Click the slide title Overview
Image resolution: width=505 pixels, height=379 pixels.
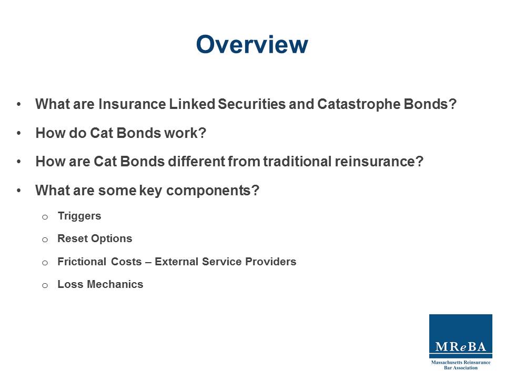coord(251,45)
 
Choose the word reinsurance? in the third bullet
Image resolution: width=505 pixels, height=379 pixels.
coord(379,162)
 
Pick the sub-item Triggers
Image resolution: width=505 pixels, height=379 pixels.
coord(79,216)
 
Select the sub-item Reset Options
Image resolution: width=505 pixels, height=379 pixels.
coord(95,238)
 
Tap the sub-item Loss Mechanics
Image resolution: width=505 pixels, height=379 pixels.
coord(100,284)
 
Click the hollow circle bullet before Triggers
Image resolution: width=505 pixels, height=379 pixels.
coord(45,216)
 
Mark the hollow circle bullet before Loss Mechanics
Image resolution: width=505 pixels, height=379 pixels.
coord(45,285)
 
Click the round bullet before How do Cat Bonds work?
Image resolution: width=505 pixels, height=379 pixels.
coord(19,133)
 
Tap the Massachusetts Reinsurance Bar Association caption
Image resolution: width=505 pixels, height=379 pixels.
coord(460,365)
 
